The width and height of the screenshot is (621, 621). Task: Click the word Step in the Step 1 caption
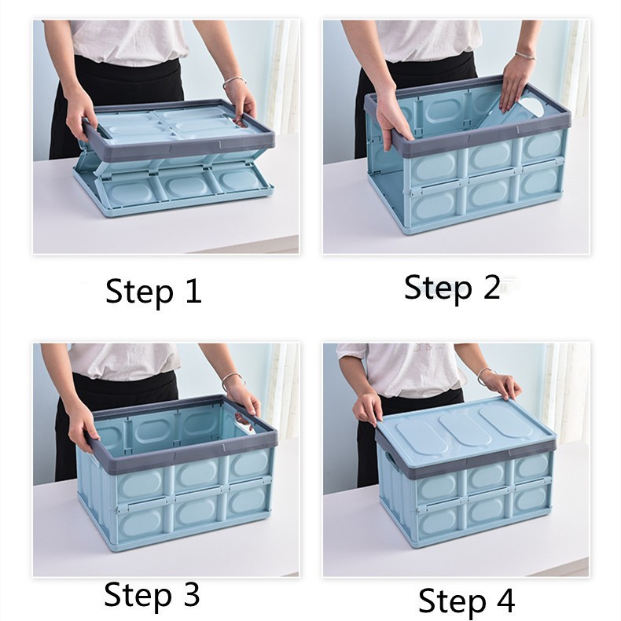pos(139,292)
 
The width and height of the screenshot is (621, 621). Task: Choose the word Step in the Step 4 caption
pos(452,602)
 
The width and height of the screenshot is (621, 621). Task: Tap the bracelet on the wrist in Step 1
pos(233,82)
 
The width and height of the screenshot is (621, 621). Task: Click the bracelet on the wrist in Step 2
pos(526,56)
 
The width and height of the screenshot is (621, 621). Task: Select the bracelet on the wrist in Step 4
pos(484,374)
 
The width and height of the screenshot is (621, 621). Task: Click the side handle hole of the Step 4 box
pos(391,460)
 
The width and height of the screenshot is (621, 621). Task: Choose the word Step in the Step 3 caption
pos(138,595)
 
